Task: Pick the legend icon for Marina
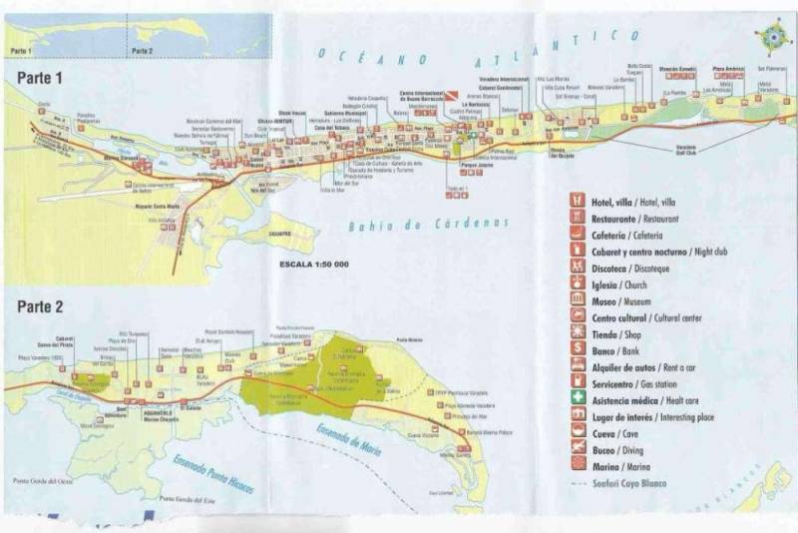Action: (577, 465)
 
